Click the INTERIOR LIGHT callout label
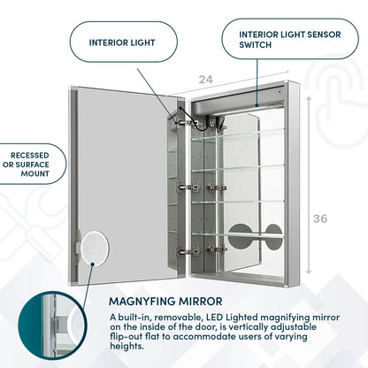(x=121, y=42)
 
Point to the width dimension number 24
(x=205, y=80)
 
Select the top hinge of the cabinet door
(x=185, y=122)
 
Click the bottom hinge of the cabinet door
(x=185, y=251)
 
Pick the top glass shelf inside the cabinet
(x=237, y=135)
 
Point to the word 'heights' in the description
(x=130, y=346)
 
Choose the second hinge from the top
(x=185, y=187)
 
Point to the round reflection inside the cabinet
(x=256, y=236)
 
